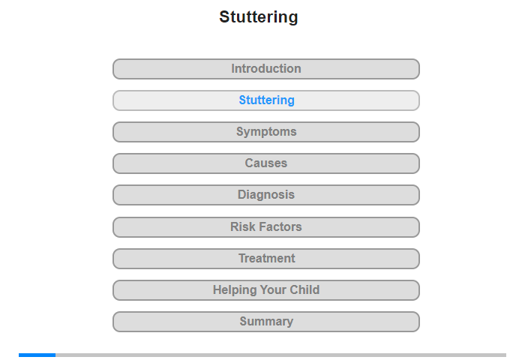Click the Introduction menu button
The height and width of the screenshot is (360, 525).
[x=265, y=69]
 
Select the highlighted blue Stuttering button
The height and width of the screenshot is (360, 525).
[x=265, y=100]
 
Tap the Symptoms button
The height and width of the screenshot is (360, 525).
[x=265, y=132]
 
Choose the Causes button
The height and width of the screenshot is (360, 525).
[x=265, y=163]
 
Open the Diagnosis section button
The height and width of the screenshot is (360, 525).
[x=265, y=195]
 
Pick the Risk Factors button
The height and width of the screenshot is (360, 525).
[x=265, y=227]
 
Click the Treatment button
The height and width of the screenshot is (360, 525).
[x=265, y=259]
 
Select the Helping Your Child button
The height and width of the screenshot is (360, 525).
[x=265, y=290]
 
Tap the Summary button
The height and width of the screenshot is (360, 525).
[x=265, y=322]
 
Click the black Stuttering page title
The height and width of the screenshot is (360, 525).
[x=259, y=17]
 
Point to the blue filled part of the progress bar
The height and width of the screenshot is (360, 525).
[x=37, y=355]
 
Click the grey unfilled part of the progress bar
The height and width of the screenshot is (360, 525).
[x=281, y=355]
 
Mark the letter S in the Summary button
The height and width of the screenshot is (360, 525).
[x=244, y=321]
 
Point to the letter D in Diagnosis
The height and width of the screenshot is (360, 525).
[x=241, y=194]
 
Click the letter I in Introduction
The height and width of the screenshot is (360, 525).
[x=232, y=69]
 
